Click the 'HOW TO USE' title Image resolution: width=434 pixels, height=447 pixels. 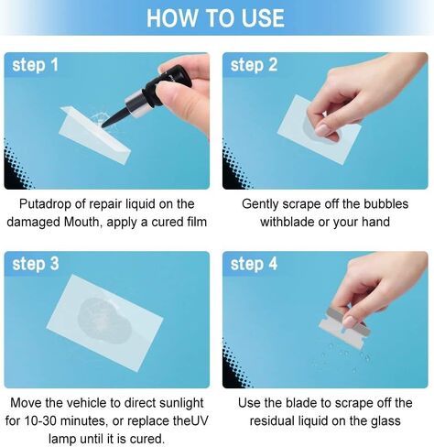click(x=216, y=17)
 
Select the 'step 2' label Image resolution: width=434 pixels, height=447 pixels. click(x=254, y=65)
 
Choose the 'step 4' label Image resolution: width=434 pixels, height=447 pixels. click(x=254, y=264)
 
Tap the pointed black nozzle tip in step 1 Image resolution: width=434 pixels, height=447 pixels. click(x=107, y=123)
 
